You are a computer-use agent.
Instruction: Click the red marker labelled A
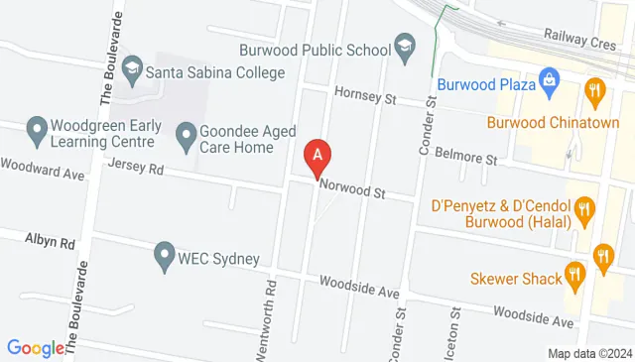pos(317,157)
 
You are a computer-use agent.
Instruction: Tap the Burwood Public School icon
pos(405,46)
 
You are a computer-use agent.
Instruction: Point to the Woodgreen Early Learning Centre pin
pos(37,128)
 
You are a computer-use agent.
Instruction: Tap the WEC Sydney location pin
pos(165,258)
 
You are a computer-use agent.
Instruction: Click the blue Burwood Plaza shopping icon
pos(548,79)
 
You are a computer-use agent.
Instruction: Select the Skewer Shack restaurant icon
pos(574,274)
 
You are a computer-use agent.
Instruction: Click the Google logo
pos(36,347)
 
